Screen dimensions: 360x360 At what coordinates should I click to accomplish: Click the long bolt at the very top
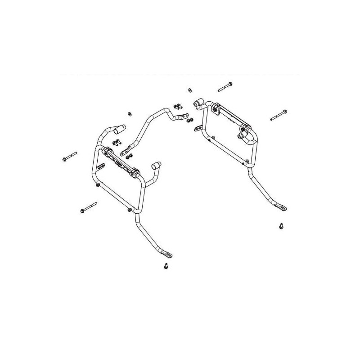point(225,86)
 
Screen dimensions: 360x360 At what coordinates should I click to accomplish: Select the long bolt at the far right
point(279,115)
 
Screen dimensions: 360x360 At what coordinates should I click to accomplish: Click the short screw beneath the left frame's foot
point(166,266)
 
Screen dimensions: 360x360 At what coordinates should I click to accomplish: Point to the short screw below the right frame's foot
point(281,226)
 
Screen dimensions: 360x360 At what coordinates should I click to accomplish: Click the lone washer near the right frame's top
point(187,90)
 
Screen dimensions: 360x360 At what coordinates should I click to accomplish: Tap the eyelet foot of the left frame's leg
point(168,255)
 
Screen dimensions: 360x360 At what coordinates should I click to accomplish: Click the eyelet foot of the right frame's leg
point(283,207)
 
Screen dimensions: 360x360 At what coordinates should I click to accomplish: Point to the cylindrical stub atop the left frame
point(119,130)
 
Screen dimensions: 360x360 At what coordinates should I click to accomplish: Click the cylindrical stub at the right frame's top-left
point(198,104)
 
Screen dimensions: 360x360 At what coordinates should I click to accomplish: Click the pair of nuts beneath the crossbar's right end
point(190,120)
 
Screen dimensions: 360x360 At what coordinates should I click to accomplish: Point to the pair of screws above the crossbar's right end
point(178,107)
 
